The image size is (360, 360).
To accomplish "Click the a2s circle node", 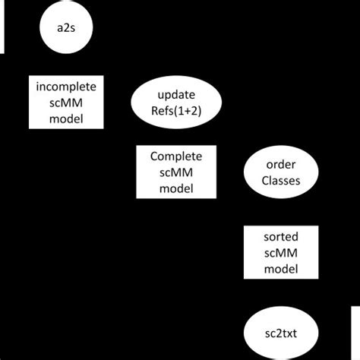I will coord(65,29).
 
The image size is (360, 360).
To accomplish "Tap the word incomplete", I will coord(65,87).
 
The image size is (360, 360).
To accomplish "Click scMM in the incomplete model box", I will coord(65,103).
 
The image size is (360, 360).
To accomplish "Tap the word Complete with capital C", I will coord(176,156).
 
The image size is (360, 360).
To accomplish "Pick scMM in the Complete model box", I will coord(176,172).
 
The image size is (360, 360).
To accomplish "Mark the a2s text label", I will coord(65,29).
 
